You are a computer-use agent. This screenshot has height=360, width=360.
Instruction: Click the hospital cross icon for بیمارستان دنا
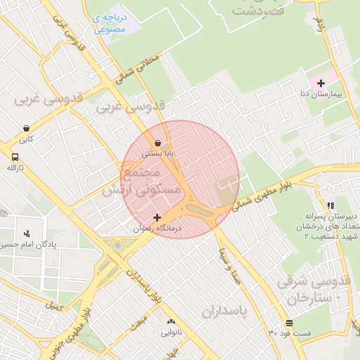(x=321, y=84)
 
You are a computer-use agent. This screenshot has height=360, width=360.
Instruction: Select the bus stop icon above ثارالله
(x=15, y=157)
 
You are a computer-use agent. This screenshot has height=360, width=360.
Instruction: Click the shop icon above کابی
(x=26, y=129)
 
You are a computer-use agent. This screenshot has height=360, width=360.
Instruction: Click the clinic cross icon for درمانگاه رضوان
(x=157, y=217)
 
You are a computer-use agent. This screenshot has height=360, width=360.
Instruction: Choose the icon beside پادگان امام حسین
(x=27, y=233)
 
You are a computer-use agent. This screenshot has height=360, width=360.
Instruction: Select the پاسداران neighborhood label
(x=227, y=311)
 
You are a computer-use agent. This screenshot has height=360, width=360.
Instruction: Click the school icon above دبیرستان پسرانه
(x=330, y=205)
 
